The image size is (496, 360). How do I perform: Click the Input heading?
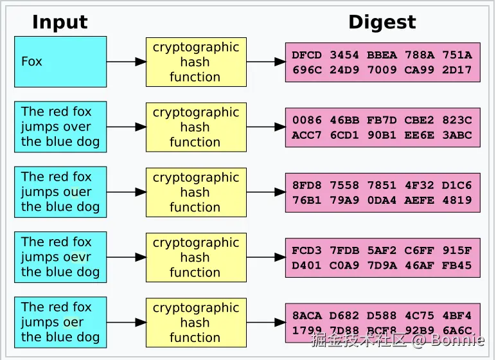pyautogui.click(x=60, y=22)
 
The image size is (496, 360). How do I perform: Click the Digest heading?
pyautogui.click(x=382, y=22)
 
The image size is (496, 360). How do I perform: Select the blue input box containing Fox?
pyautogui.click(x=60, y=62)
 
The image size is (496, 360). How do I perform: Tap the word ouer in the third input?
pyautogui.click(x=75, y=192)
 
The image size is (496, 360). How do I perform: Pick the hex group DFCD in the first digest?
pyautogui.click(x=306, y=55)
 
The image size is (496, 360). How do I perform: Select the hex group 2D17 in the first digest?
pyautogui.click(x=457, y=70)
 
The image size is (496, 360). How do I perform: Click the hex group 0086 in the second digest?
pyautogui.click(x=306, y=120)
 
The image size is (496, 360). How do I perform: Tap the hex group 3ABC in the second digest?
pyautogui.click(x=457, y=135)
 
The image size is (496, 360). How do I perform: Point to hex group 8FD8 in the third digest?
pyautogui.click(x=306, y=185)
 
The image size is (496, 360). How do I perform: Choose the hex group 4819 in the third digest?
pyautogui.click(x=457, y=200)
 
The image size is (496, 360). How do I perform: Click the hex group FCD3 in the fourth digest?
pyautogui.click(x=306, y=251)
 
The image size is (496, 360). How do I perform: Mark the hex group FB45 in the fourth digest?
pyautogui.click(x=457, y=265)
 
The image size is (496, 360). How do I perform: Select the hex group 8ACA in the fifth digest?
pyautogui.click(x=306, y=316)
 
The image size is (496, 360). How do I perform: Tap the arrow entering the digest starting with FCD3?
pyautogui.click(x=266, y=257)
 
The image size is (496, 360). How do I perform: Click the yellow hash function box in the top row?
pyautogui.click(x=196, y=62)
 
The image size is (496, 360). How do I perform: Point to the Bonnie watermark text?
pyautogui.click(x=457, y=339)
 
